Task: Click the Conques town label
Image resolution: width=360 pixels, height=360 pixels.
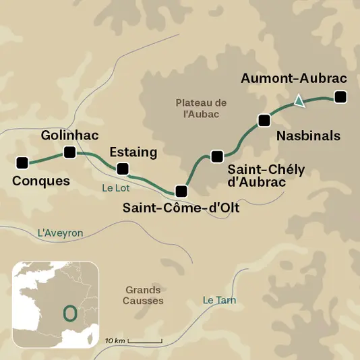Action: [x=41, y=181]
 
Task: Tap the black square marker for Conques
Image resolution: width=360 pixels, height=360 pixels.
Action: [x=22, y=162]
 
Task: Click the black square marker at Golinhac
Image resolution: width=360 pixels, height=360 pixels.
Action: [x=69, y=152]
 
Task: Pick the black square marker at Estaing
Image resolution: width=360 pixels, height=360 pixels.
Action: [x=122, y=169]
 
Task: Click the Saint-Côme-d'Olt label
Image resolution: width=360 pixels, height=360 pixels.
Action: [x=181, y=209]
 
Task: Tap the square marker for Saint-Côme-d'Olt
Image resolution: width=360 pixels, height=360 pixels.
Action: [x=180, y=190]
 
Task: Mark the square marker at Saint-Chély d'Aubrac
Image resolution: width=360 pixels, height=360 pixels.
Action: [x=216, y=156]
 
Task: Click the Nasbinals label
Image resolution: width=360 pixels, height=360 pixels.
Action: [x=308, y=136]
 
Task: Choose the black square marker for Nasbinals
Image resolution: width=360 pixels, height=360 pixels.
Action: [x=264, y=121]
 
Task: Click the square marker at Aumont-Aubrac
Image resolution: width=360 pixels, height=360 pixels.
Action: [x=340, y=98]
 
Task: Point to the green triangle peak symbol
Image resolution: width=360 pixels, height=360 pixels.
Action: [x=299, y=102]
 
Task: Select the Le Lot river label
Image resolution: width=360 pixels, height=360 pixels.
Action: [x=115, y=189]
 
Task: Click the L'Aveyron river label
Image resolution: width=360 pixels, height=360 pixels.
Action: [x=60, y=233]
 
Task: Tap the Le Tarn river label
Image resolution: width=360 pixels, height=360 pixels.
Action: [x=219, y=301]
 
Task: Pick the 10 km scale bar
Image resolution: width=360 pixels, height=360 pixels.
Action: [x=144, y=342]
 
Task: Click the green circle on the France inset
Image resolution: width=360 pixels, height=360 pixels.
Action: [x=69, y=313]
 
